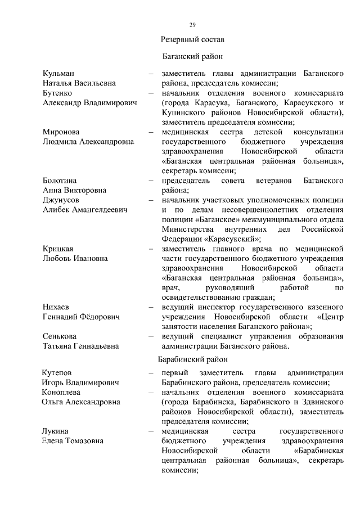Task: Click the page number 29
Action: [192, 25]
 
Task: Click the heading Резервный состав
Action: [192, 40]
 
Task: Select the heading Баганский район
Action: [192, 57]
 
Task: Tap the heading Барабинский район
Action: [192, 359]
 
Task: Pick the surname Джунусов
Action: [61, 200]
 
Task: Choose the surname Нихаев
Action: [57, 307]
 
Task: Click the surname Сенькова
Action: [60, 336]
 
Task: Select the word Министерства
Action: [187, 229]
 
